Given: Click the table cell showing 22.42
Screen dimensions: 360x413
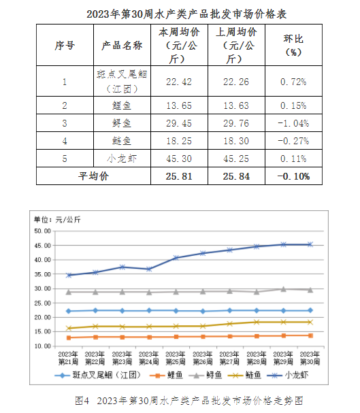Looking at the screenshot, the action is tap(179, 82).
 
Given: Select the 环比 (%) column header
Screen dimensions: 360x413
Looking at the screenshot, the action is tap(293, 46).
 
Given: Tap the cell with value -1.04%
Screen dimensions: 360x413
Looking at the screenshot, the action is tap(293, 123).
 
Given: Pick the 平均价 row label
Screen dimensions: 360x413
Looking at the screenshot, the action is tap(93, 176).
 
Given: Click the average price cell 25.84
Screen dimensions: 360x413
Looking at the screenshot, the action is tap(236, 176).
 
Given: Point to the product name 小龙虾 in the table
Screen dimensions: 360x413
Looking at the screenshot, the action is tap(122, 159).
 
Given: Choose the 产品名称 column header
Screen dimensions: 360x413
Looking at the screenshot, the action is tap(122, 46).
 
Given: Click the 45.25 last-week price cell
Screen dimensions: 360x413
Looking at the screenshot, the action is tap(236, 159).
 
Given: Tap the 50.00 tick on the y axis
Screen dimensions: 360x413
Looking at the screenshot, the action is tap(42, 231).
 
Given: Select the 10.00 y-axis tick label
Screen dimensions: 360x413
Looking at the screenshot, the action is tap(42, 346).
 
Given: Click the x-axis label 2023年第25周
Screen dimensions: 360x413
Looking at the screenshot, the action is tap(176, 358).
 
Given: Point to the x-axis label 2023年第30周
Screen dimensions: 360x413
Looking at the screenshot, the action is tap(310, 358).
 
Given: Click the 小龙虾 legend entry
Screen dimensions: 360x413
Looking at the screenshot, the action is tap(288, 375).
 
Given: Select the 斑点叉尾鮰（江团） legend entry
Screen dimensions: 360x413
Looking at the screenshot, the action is tap(98, 375).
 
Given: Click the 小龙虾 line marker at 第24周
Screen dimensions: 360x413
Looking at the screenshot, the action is tap(149, 269).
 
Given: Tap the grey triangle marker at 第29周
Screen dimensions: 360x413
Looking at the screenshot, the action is tap(283, 289).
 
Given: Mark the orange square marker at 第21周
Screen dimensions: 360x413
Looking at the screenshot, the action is tap(69, 337).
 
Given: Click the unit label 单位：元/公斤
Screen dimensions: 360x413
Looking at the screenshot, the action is tap(57, 219).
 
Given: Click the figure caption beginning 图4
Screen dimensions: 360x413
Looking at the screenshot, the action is tap(189, 401).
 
